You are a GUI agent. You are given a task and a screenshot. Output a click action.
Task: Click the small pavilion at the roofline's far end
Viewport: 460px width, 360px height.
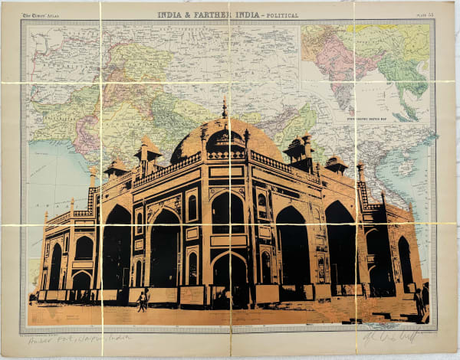point(336,163)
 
